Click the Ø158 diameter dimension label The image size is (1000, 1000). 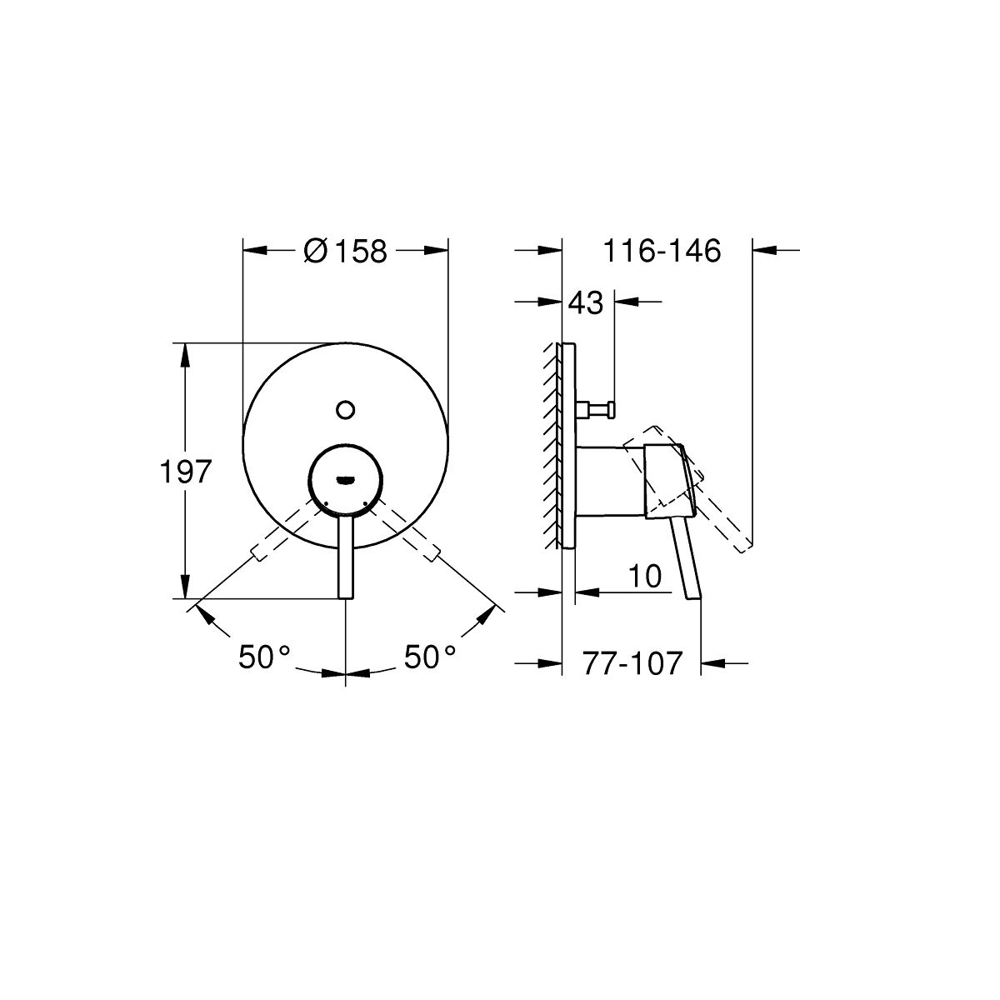(x=345, y=251)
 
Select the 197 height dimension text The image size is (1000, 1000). (x=185, y=472)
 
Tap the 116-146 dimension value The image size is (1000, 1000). (x=662, y=251)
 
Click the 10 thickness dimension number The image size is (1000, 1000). (x=645, y=576)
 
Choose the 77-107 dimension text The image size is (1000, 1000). (x=632, y=663)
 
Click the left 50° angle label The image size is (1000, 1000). (x=263, y=657)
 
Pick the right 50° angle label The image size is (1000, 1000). (x=430, y=657)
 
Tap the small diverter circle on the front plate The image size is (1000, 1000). (x=345, y=410)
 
